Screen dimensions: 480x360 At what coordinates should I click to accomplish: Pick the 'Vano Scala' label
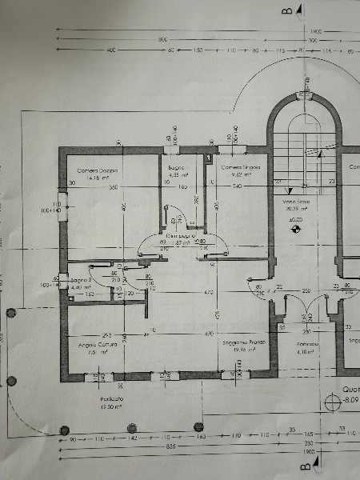tap(296, 202)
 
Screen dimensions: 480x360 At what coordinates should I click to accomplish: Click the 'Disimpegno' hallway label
tap(184, 236)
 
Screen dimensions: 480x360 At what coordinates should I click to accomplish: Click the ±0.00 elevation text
tap(296, 218)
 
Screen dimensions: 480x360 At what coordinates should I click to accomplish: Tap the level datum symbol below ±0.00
tap(297, 228)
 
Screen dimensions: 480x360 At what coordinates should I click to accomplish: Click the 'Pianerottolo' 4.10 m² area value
tap(307, 350)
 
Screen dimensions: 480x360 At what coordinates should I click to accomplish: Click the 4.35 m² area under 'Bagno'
tap(178, 174)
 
